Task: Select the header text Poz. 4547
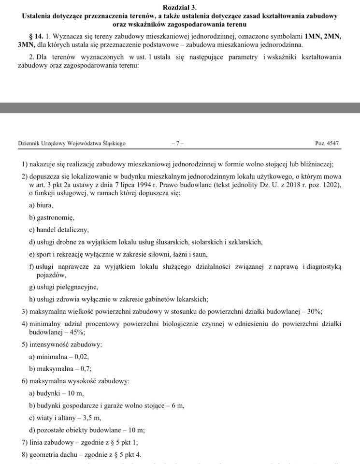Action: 327,144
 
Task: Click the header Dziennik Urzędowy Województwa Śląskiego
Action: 72,144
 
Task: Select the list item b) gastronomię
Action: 52,217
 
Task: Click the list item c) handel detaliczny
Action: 59,230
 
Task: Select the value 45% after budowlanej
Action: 77,333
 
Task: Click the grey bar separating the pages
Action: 180,108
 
